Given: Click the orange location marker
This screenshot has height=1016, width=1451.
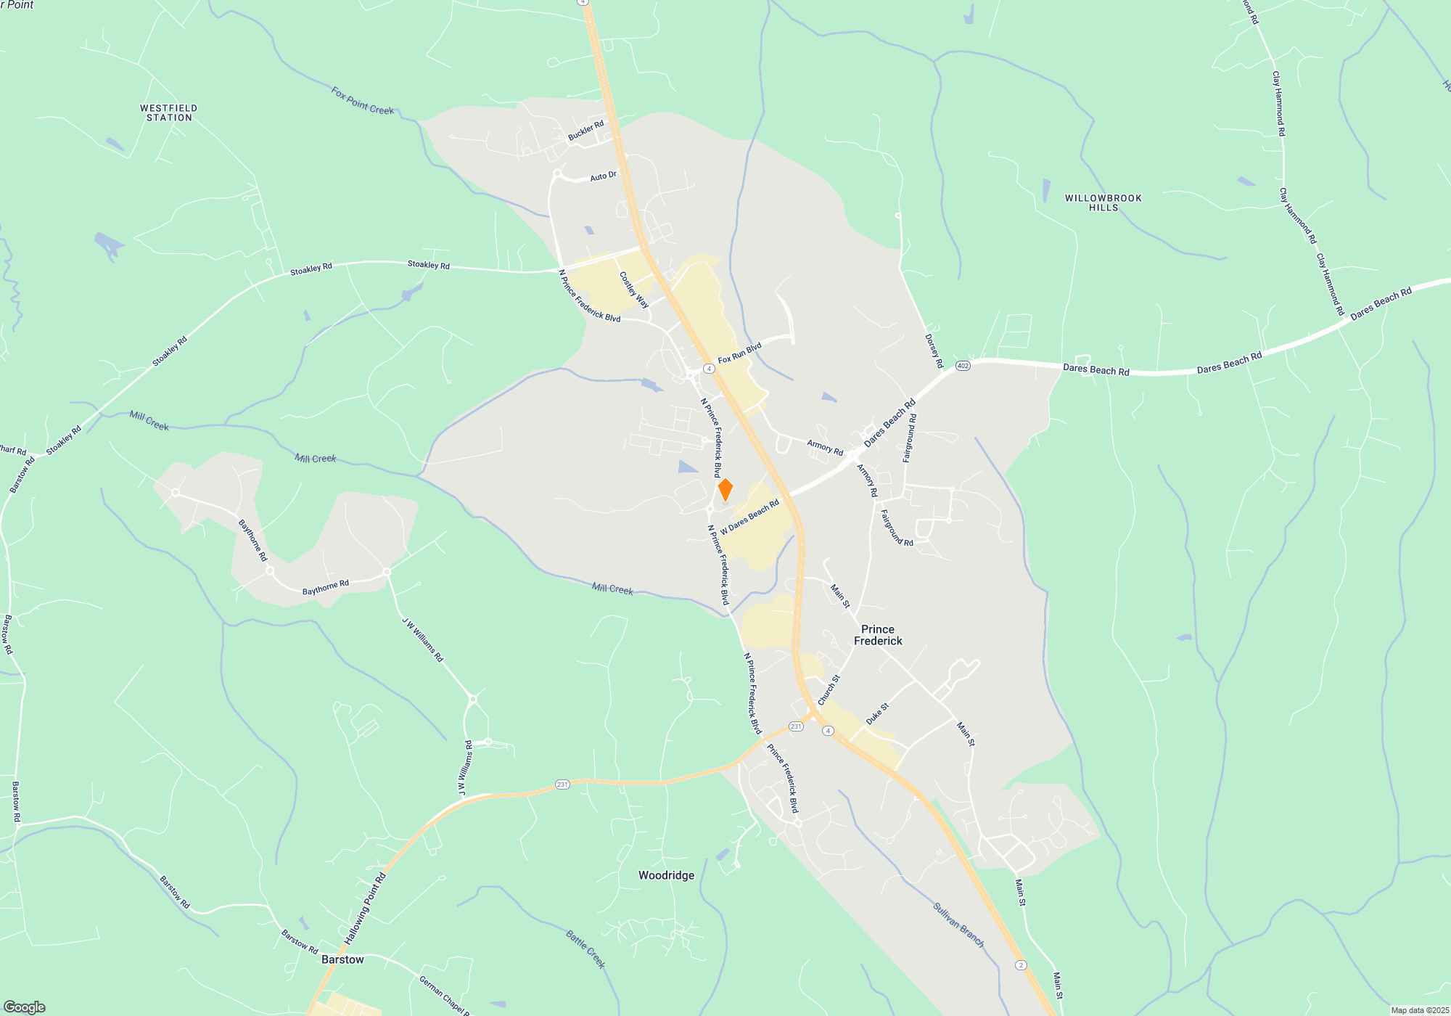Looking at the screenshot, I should point(725,490).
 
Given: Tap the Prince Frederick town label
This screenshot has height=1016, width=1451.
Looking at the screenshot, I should point(878,635).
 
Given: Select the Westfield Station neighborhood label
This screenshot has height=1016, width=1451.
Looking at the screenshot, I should point(169,112).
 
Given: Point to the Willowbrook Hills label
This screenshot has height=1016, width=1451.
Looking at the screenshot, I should point(1103,202).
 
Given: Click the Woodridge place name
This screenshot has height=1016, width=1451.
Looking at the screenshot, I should point(666,875).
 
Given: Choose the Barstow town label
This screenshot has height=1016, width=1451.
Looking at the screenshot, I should point(342,959).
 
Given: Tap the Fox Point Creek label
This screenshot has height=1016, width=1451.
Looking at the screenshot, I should point(362,101).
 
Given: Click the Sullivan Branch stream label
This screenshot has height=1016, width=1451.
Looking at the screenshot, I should point(958,925).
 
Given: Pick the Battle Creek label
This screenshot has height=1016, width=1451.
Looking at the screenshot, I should point(585,949).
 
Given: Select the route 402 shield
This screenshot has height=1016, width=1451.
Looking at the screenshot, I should point(963,366).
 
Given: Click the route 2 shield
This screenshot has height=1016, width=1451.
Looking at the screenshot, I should point(1021,964).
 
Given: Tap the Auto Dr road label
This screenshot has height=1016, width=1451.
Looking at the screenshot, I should point(603,176).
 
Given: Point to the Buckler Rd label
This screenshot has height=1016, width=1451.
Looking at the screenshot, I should point(585,131).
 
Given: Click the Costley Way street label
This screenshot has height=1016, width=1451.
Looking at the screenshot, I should point(634,290).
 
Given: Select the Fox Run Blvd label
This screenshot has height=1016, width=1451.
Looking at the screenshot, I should point(739,353).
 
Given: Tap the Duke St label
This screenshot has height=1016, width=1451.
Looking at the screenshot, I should point(877,713).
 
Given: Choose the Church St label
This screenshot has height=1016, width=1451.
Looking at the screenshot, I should point(829,689).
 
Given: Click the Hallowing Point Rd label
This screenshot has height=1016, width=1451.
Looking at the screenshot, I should point(365,909).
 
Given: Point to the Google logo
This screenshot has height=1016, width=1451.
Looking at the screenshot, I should point(25,1007).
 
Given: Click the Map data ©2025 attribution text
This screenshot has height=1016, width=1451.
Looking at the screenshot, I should point(1419,1010).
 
